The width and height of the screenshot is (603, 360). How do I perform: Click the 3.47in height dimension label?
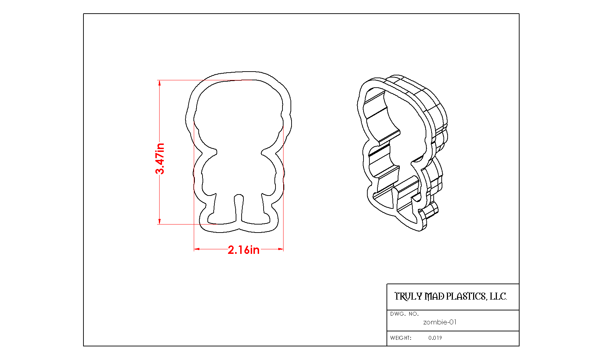click(x=160, y=159)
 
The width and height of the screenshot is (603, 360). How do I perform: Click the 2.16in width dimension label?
click(x=244, y=250)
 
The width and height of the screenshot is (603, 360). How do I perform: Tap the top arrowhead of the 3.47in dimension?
click(x=160, y=83)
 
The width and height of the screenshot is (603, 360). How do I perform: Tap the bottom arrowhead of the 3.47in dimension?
click(x=160, y=221)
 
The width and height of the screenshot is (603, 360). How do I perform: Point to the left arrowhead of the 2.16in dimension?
click(x=197, y=249)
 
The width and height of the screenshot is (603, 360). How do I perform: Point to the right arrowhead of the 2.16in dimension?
click(x=280, y=249)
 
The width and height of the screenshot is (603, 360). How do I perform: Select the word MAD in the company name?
click(x=434, y=296)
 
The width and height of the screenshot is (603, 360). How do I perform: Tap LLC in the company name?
click(x=498, y=296)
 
